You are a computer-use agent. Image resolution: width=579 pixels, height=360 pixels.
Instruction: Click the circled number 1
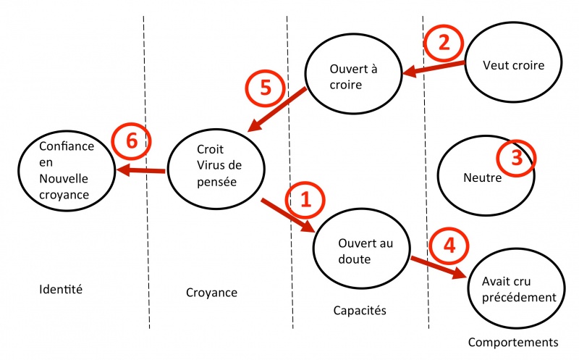(x=304, y=200)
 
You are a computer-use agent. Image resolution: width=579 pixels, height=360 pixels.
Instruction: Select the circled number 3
(x=516, y=159)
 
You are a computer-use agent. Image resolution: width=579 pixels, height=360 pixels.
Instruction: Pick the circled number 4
(x=449, y=245)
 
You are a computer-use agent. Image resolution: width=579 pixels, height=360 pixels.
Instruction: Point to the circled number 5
(x=264, y=87)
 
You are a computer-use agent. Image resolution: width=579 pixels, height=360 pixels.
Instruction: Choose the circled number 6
(x=131, y=141)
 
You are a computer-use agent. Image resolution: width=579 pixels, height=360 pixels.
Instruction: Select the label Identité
(x=61, y=290)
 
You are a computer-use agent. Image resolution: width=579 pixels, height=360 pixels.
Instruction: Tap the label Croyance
(x=211, y=292)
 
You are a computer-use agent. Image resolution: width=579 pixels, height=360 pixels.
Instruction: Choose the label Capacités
(x=360, y=310)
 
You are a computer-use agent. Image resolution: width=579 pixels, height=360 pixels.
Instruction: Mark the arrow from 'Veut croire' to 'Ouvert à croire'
(x=434, y=67)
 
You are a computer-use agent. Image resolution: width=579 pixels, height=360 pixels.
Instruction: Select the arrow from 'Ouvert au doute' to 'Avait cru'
(x=438, y=267)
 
